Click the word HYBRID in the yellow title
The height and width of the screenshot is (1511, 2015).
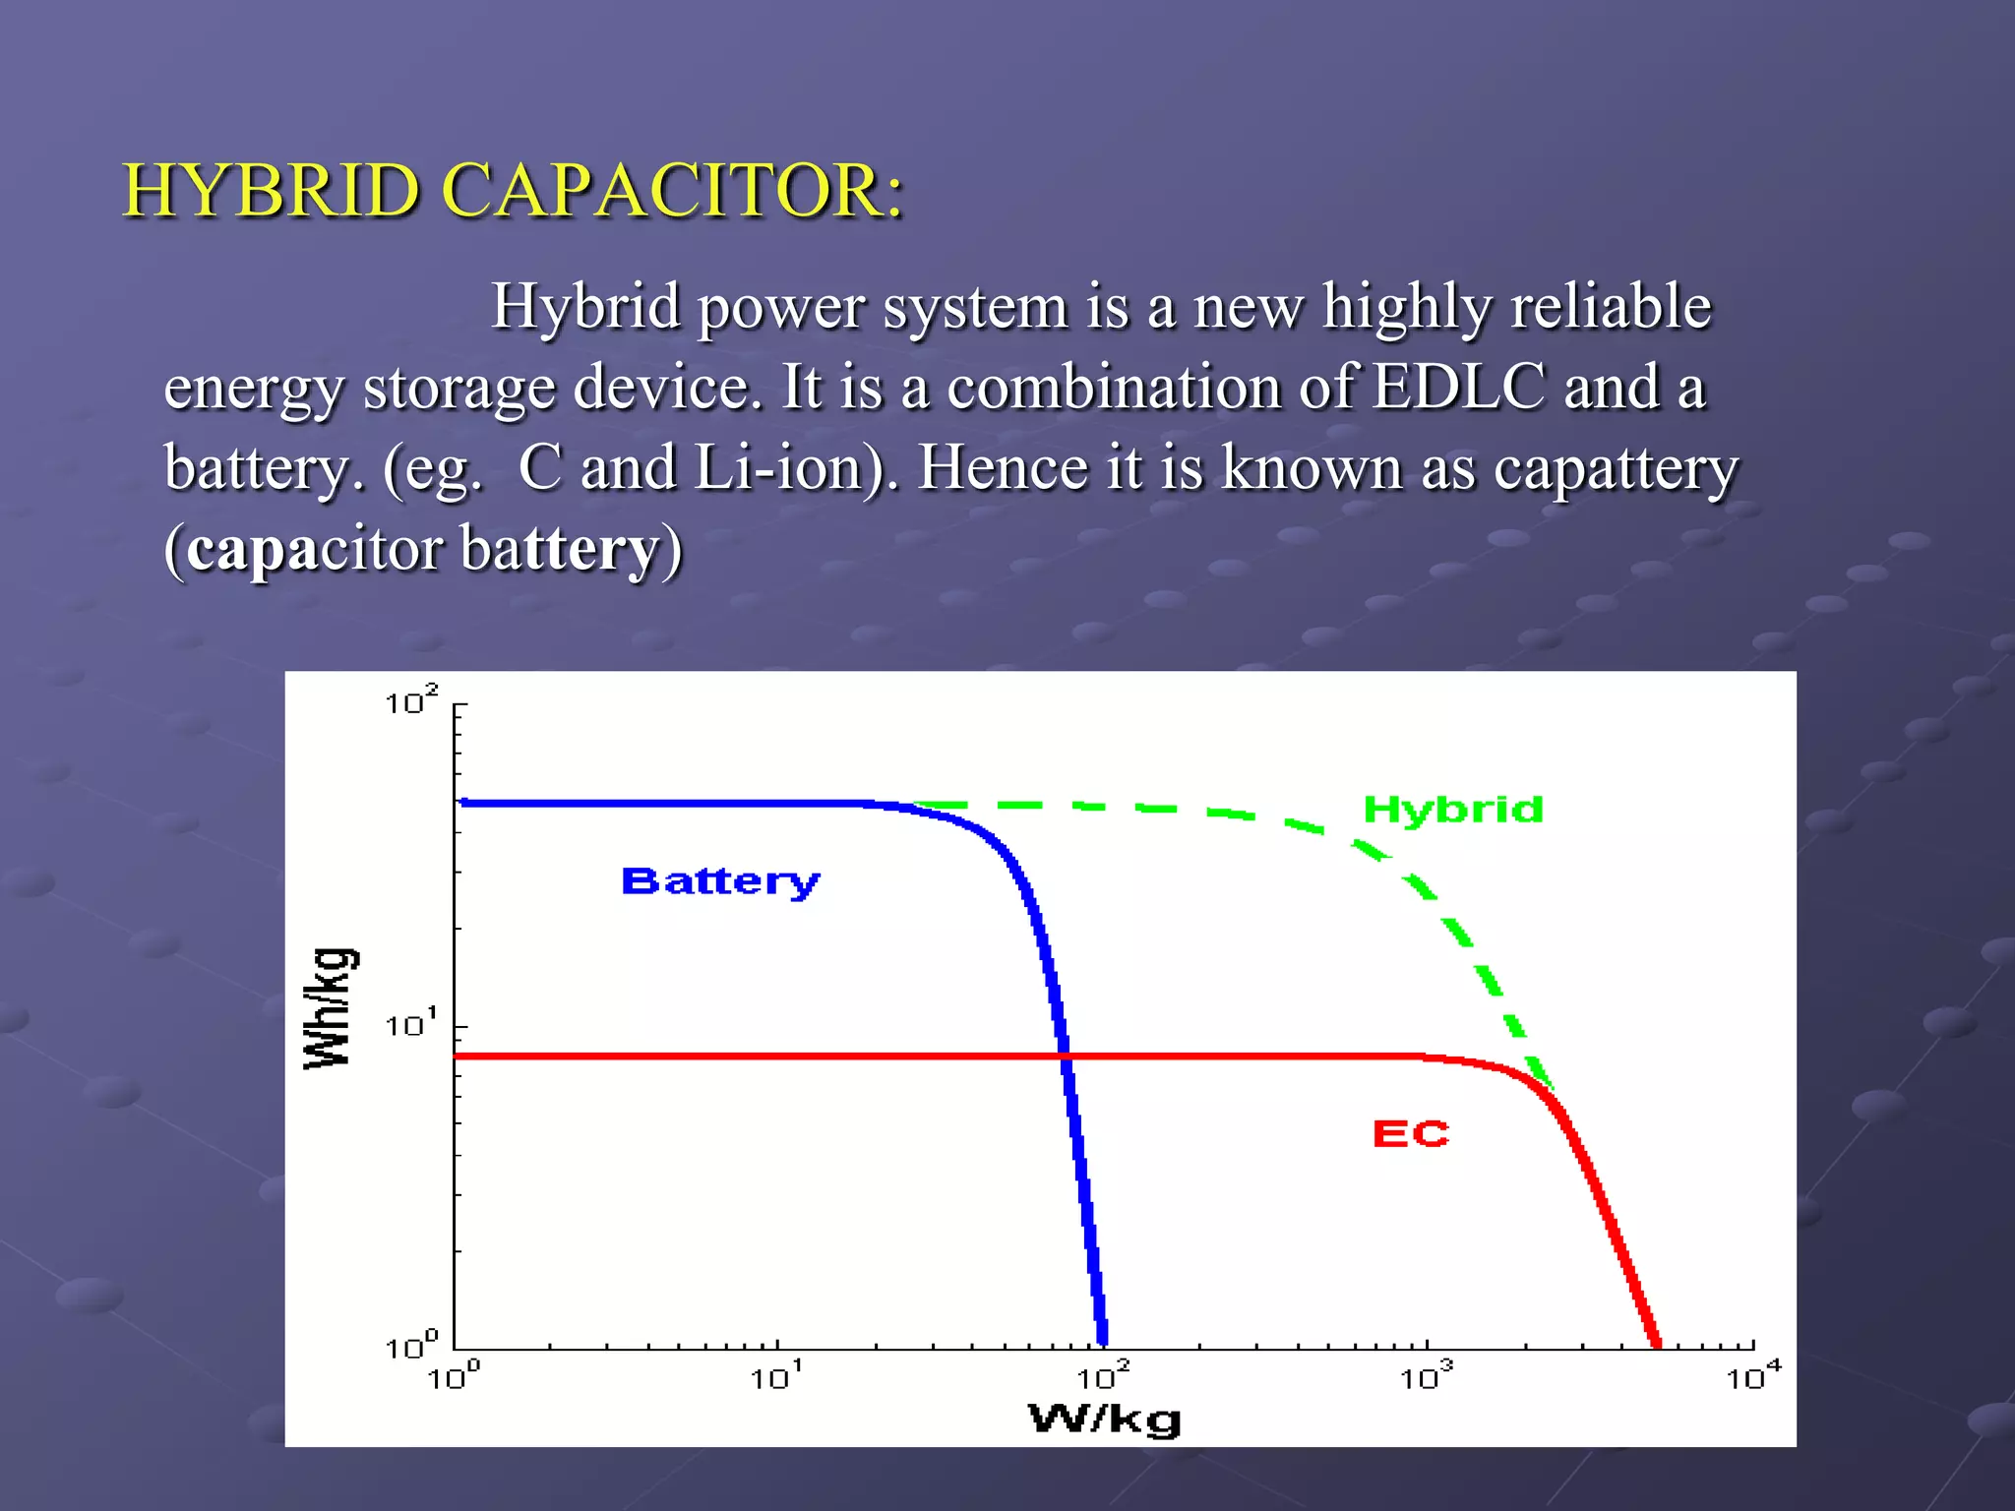(x=272, y=191)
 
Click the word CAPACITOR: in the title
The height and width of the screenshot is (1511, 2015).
(x=672, y=191)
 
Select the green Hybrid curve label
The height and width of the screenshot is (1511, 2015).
(x=1452, y=810)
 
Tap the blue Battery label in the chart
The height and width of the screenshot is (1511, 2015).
(x=720, y=881)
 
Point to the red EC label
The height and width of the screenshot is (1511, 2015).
(x=1410, y=1134)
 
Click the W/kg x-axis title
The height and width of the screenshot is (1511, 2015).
(x=1104, y=1420)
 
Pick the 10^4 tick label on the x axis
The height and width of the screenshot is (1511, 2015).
(x=1752, y=1377)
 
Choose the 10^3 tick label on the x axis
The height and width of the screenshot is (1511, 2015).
(x=1426, y=1377)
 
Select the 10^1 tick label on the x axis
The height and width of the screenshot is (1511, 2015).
(x=776, y=1377)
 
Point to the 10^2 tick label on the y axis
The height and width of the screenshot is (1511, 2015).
(x=410, y=702)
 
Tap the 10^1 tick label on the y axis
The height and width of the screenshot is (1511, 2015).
(x=410, y=1025)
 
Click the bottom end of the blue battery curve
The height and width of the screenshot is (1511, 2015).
(x=1102, y=1340)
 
